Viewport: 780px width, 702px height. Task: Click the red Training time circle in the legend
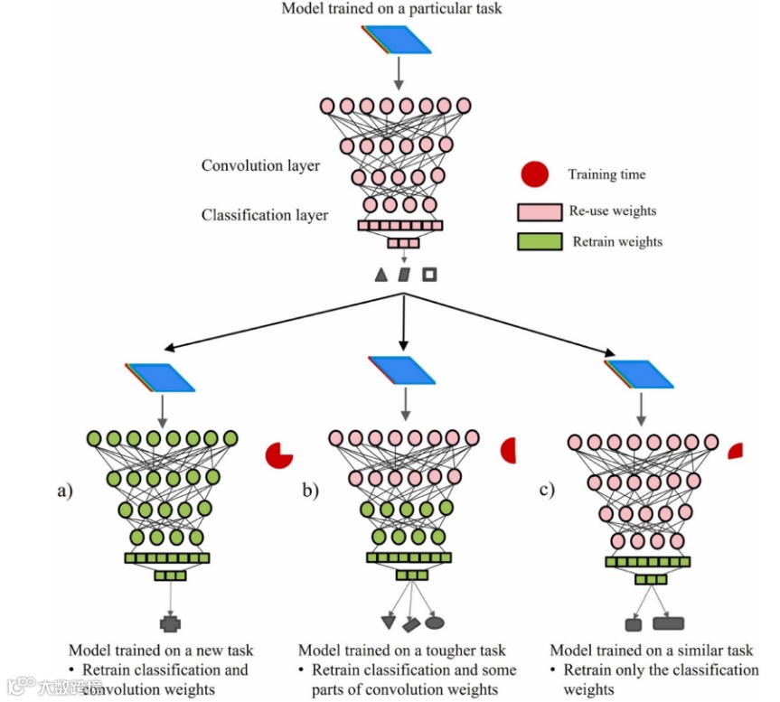(x=535, y=174)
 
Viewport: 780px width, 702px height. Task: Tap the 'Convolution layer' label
(x=260, y=166)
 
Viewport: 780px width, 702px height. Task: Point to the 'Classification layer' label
(x=265, y=215)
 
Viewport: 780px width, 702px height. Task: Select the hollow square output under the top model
(x=429, y=274)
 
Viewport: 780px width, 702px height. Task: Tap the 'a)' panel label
(x=64, y=492)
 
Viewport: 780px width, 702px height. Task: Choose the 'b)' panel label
(x=310, y=492)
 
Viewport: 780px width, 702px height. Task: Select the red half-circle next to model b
(x=508, y=450)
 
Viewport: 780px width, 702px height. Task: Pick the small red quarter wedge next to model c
(x=736, y=449)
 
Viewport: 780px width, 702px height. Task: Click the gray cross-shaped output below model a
(x=170, y=623)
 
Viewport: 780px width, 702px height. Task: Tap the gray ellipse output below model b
(x=435, y=622)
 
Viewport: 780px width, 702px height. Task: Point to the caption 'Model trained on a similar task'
(x=652, y=651)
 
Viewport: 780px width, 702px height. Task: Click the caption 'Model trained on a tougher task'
(x=402, y=651)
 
